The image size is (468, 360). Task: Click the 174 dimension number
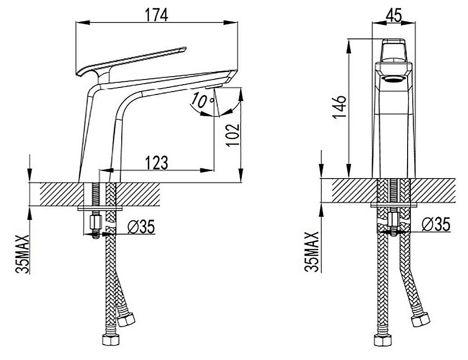click(x=156, y=15)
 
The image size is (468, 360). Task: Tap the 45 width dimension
click(x=394, y=15)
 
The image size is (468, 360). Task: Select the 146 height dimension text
click(x=340, y=107)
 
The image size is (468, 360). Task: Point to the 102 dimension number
click(x=233, y=135)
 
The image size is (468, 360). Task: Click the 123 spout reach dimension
click(x=156, y=162)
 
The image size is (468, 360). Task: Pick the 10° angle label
click(x=203, y=100)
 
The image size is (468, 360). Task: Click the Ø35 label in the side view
click(x=141, y=227)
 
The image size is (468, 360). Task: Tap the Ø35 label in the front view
click(x=436, y=224)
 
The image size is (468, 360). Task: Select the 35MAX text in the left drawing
click(x=22, y=254)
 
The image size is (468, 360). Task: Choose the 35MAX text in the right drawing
click(x=312, y=252)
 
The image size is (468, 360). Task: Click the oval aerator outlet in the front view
click(x=394, y=79)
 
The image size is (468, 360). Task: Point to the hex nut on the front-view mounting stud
click(x=394, y=220)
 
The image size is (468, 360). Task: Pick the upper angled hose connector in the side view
click(x=125, y=319)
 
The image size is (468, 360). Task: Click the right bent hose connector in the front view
click(x=421, y=319)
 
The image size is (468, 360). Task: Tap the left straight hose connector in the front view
click(x=382, y=340)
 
